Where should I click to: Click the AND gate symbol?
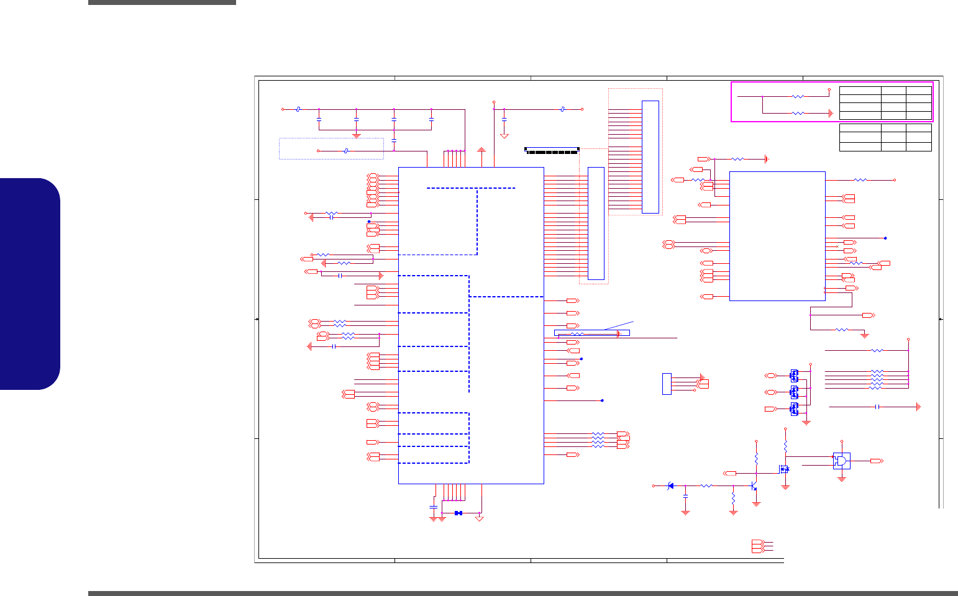pyautogui.click(x=842, y=461)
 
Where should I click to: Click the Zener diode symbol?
pyautogui.click(x=670, y=485)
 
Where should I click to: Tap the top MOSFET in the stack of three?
pyautogui.click(x=794, y=375)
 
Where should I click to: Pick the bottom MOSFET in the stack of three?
pyautogui.click(x=794, y=409)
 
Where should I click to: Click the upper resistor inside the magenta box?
pyautogui.click(x=798, y=96)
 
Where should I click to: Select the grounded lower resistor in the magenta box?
pyautogui.click(x=798, y=113)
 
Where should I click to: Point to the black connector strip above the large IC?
pyautogui.click(x=552, y=150)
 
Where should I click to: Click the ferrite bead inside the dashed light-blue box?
pyautogui.click(x=346, y=151)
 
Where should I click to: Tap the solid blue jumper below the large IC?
pyautogui.click(x=458, y=513)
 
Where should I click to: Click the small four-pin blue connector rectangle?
pyautogui.click(x=667, y=384)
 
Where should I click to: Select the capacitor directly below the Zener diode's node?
pyautogui.click(x=685, y=497)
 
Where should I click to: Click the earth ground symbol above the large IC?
pyautogui.click(x=482, y=149)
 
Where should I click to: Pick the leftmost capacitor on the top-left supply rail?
pyautogui.click(x=319, y=117)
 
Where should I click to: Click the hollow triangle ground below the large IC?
pyautogui.click(x=479, y=517)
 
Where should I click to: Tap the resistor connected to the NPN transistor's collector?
pyautogui.click(x=756, y=459)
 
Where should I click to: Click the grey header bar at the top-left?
pyautogui.click(x=162, y=2)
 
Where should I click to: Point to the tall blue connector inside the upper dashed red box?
pyautogui.click(x=650, y=156)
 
